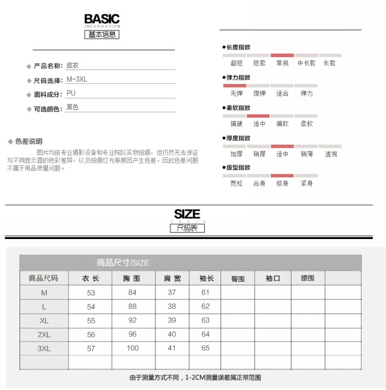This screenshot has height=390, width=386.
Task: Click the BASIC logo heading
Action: click(102, 20)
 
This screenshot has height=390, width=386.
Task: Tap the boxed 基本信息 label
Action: click(102, 35)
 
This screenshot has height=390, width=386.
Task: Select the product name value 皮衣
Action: click(73, 66)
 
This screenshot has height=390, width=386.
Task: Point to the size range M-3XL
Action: click(77, 80)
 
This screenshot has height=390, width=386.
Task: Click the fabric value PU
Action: click(71, 94)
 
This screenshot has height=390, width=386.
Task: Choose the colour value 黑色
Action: click(73, 108)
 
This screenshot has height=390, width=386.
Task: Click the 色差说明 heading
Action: click(29, 141)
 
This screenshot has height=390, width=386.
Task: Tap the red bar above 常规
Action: click(282, 55)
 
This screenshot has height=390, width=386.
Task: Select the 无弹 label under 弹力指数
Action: click(236, 94)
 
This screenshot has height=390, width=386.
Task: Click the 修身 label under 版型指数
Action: click(282, 183)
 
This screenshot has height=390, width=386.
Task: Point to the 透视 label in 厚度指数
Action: click(331, 154)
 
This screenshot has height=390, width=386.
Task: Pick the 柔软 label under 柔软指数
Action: click(307, 124)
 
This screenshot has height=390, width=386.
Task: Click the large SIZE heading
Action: click(187, 214)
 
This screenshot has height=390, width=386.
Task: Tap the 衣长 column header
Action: click(91, 278)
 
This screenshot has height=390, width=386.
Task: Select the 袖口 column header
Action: click(273, 278)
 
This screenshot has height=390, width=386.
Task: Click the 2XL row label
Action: click(44, 334)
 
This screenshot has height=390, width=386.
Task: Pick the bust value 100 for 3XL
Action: click(132, 348)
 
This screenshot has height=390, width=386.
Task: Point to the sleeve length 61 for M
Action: click(206, 293)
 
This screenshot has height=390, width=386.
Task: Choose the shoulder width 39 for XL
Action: click(171, 320)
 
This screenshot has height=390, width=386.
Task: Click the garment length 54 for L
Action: click(91, 307)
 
